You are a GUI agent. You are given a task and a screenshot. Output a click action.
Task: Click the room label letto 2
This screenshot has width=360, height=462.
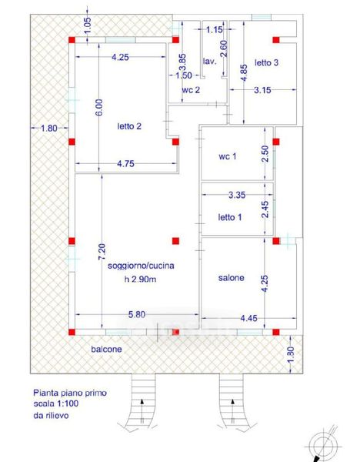[x=129, y=126]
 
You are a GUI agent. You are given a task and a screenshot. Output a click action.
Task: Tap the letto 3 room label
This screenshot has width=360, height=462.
[x=266, y=62]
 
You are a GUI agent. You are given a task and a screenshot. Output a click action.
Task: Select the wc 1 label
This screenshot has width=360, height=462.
[x=227, y=156]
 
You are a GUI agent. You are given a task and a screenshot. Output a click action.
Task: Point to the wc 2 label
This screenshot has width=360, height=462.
[x=191, y=89]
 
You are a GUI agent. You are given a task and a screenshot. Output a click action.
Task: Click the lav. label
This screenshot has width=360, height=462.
[x=209, y=62]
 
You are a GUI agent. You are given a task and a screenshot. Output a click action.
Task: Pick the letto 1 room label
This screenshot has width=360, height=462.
[x=230, y=217]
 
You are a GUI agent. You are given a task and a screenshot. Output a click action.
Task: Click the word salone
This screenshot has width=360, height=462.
[x=231, y=278]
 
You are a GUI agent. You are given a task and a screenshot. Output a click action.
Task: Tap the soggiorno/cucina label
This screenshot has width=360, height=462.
[x=141, y=266]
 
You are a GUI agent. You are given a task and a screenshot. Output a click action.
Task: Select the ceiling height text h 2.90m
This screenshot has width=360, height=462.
[x=140, y=279]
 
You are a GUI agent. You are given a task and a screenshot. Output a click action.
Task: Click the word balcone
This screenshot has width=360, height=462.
[x=106, y=349]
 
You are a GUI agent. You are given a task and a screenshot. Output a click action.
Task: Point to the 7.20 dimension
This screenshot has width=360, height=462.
[x=102, y=253]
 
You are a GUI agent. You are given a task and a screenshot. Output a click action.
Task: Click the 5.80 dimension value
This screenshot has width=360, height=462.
[x=137, y=314]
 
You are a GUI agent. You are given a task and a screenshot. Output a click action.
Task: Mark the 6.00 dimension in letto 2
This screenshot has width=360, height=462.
[x=100, y=107]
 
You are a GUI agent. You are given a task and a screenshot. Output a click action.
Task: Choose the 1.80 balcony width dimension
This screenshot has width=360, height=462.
[x=49, y=128]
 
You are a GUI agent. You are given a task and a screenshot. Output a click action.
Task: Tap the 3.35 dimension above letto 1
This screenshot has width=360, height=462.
[x=237, y=195]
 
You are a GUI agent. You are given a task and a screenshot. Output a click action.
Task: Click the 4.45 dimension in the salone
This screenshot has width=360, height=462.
[x=248, y=318]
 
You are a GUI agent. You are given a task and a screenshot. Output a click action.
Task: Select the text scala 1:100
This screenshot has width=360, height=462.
[x=56, y=403]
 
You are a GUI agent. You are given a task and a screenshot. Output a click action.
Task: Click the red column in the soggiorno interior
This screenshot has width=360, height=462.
[x=175, y=241]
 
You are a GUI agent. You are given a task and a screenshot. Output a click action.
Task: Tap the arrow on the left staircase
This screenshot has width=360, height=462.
[x=142, y=411]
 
